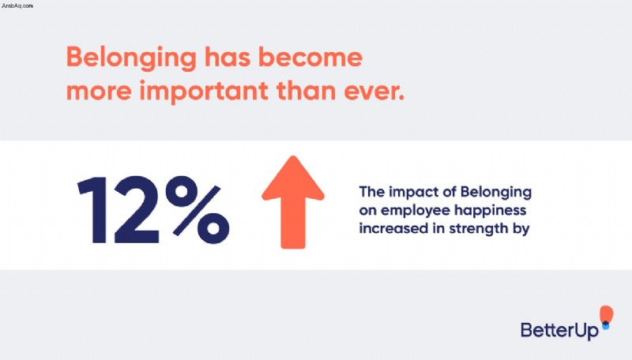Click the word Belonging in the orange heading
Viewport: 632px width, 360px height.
point(131,58)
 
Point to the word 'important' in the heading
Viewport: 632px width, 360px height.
point(204,92)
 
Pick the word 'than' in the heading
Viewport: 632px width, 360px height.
point(306,90)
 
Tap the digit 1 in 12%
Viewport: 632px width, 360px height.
point(93,210)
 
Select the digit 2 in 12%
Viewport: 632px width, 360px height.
point(136,210)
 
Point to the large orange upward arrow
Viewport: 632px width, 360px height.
point(293,202)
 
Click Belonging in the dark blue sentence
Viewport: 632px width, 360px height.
point(496,193)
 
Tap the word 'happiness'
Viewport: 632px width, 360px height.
point(490,212)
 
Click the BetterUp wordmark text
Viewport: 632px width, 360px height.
point(559,330)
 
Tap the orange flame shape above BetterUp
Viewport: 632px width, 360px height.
point(606,314)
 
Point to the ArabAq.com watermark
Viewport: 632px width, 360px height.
point(17,6)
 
